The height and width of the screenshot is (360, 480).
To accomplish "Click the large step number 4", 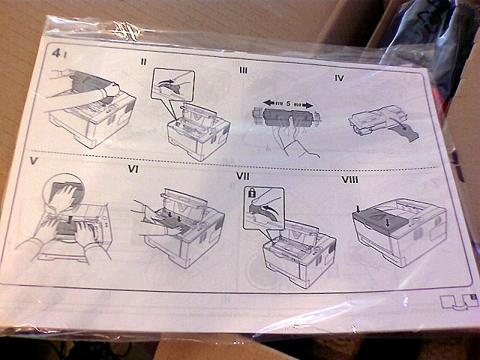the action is [x=55, y=53].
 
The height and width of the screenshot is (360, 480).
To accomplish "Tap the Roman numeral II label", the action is [x=143, y=61].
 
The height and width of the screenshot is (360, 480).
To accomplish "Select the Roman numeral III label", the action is [x=243, y=70].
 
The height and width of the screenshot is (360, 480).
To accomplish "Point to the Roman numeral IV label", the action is [x=339, y=78].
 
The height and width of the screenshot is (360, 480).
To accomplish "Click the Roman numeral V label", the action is [x=34, y=161].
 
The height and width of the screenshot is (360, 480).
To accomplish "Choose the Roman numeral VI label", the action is [x=133, y=169].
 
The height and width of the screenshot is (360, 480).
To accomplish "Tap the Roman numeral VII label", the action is [x=243, y=176].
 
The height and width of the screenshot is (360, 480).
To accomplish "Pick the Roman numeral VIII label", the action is [x=349, y=180].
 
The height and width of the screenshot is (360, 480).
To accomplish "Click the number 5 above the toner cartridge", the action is [x=288, y=103].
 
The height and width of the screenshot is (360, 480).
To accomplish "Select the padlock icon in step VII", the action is [x=252, y=193].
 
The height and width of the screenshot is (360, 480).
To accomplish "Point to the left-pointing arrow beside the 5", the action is [x=273, y=103].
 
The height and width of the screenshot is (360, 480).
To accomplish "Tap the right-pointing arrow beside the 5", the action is [x=303, y=105].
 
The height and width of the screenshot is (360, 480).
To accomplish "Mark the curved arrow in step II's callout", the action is [x=169, y=83].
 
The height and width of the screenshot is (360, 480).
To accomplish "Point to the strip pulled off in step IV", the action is [x=404, y=130].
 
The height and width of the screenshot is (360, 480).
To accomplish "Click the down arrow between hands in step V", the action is [x=70, y=220].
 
